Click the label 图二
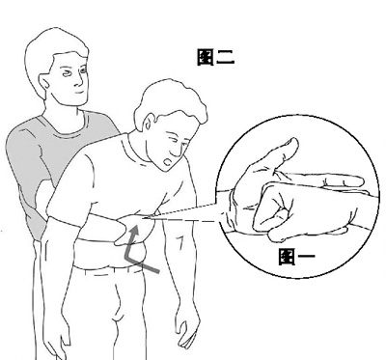coord(215,57)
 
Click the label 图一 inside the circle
coord(297,256)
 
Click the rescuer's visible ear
coord(44,83)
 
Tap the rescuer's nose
coord(79,79)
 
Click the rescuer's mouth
coord(79,93)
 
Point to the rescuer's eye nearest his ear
coord(68,73)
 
